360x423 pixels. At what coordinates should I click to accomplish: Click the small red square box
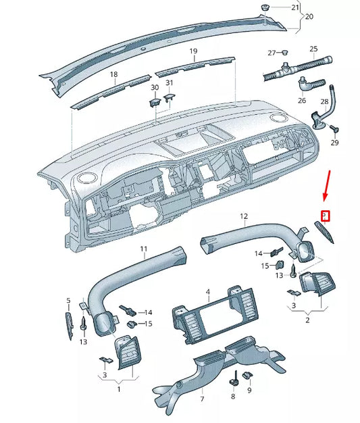tap(325, 216)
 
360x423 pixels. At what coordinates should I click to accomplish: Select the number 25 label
tap(313, 49)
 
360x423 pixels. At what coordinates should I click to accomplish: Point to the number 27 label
tap(272, 53)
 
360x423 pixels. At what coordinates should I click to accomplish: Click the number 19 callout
tap(192, 51)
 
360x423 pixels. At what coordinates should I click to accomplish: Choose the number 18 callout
tap(113, 74)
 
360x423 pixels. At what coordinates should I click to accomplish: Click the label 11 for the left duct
tap(143, 250)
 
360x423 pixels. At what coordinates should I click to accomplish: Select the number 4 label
tap(208, 292)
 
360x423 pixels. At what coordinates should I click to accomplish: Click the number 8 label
tap(232, 391)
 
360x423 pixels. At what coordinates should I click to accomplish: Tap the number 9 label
tap(249, 391)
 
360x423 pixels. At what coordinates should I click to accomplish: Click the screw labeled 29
tap(334, 129)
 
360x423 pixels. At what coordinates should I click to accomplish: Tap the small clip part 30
tap(154, 102)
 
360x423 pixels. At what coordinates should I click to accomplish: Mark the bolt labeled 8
tap(233, 376)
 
